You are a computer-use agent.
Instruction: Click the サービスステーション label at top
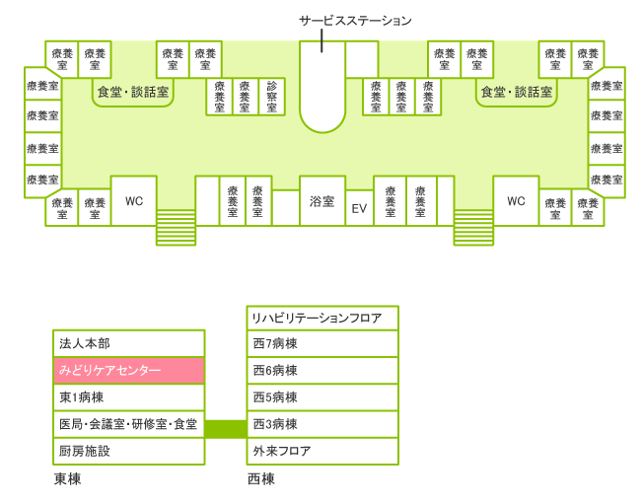click(355, 21)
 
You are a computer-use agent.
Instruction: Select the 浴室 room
click(321, 201)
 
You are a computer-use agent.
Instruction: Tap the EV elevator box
click(359, 209)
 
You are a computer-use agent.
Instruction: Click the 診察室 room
click(272, 97)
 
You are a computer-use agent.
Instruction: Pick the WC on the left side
click(133, 200)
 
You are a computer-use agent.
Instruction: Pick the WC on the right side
click(516, 200)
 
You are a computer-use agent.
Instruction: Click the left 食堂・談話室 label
click(133, 92)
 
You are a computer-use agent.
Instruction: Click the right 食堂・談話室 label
click(515, 92)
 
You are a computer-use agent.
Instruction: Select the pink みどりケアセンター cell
click(129, 371)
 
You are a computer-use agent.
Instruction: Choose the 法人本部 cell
click(129, 344)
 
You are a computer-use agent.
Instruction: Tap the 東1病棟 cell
click(129, 397)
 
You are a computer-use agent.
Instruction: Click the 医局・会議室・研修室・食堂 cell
click(129, 424)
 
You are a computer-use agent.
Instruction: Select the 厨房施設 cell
click(129, 451)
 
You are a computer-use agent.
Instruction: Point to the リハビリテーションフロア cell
click(322, 318)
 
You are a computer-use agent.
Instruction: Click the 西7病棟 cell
click(322, 344)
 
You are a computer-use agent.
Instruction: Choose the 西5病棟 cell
click(322, 397)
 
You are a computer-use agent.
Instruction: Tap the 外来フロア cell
click(322, 451)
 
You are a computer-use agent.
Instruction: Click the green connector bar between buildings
click(226, 428)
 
